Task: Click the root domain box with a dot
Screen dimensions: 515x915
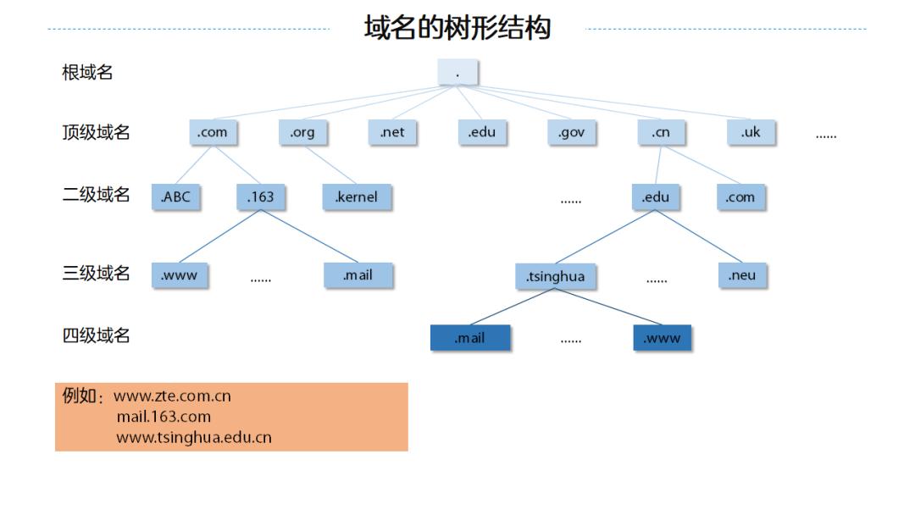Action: coord(457,73)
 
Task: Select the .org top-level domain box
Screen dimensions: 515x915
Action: coord(302,132)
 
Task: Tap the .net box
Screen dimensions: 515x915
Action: coord(392,132)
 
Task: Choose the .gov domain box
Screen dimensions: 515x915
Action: coord(571,132)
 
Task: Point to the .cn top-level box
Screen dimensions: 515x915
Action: coord(661,132)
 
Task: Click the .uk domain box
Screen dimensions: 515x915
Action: coord(751,132)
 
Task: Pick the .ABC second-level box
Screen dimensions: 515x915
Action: coord(176,197)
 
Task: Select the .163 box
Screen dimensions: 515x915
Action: coord(260,197)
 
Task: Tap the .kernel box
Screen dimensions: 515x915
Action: coord(356,197)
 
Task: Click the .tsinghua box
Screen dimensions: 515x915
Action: coord(555,276)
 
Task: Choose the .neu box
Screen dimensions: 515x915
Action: coord(742,275)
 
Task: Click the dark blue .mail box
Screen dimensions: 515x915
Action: coord(470,338)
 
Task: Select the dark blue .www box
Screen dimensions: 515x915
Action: coord(662,338)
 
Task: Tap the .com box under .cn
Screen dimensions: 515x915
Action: coord(740,197)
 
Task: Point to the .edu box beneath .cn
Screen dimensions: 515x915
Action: coord(655,197)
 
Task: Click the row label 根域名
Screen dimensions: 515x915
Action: coord(87,73)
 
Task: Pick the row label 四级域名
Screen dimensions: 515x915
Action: coord(96,335)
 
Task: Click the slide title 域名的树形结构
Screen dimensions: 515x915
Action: coord(457,28)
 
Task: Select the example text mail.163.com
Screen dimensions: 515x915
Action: coord(164,417)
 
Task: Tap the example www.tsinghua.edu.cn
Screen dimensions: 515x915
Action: coord(194,438)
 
